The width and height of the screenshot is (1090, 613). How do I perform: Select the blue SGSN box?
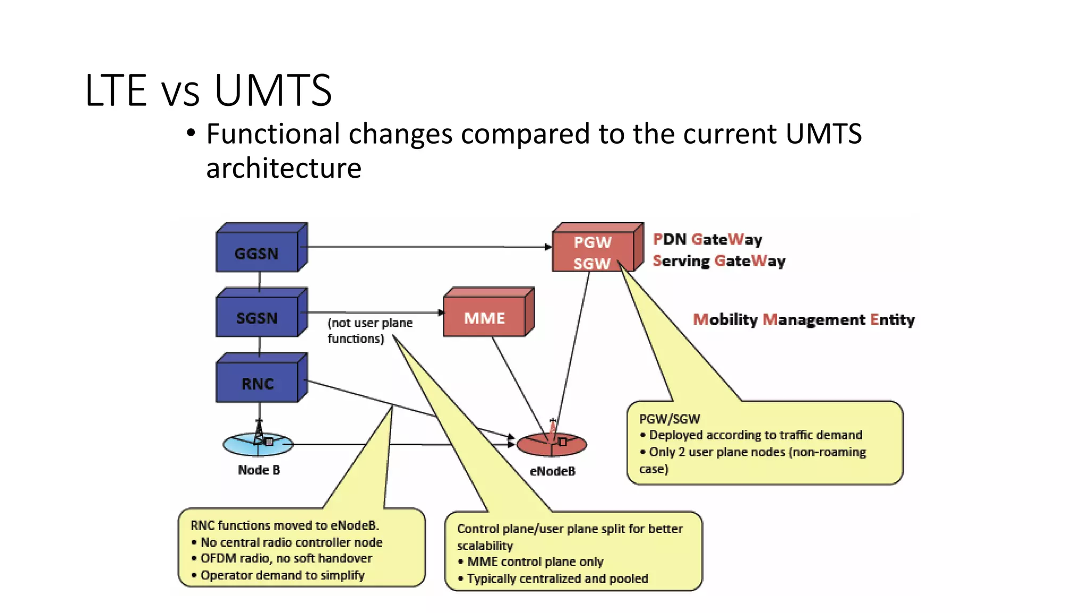[257, 318]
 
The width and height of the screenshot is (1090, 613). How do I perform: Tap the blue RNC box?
[257, 383]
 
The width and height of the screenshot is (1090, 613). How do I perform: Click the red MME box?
[484, 318]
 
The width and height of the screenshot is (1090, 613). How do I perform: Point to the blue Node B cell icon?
[258, 444]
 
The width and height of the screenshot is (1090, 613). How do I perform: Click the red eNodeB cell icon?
[551, 444]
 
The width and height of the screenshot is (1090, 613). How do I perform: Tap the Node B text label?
[259, 470]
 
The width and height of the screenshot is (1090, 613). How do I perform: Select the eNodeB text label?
[552, 471]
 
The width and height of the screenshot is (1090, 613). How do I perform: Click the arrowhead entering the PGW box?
[548, 247]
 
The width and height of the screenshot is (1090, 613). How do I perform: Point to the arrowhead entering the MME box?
[441, 312]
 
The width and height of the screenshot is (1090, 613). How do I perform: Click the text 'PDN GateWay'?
[707, 239]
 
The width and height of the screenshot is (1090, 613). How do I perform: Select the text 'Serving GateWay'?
[719, 261]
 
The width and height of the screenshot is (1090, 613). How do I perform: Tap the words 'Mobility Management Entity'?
[804, 320]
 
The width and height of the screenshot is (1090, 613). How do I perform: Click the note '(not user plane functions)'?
[369, 330]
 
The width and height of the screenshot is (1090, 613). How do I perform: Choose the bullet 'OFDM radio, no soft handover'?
[286, 559]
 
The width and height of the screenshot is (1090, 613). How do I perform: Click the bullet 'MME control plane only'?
[534, 562]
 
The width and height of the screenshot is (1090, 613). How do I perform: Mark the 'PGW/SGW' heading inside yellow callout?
[670, 419]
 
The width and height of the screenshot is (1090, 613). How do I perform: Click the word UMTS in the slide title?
[273, 90]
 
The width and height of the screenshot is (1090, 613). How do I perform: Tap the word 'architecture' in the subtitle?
[284, 168]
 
